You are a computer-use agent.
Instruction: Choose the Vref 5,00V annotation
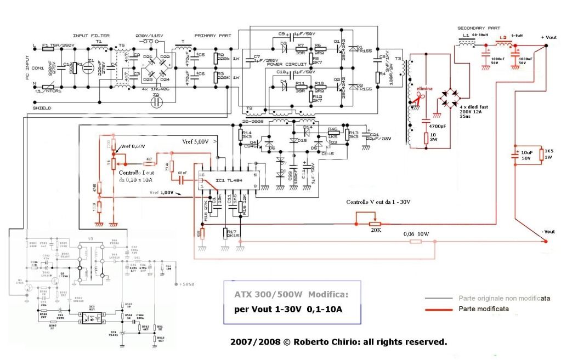(195, 141)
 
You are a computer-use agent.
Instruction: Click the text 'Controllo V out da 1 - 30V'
(378, 202)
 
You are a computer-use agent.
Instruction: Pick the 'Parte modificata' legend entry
(483, 309)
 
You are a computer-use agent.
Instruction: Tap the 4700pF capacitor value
(437, 126)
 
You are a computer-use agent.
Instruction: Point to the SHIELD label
(42, 108)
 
